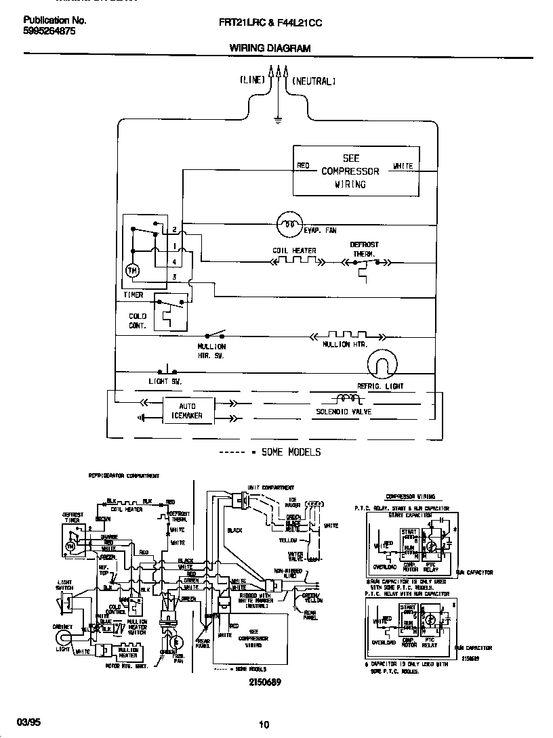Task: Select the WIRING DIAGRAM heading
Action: click(270, 48)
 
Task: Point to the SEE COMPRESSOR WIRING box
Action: click(350, 171)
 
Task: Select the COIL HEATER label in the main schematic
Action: click(294, 251)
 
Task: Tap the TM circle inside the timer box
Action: click(132, 272)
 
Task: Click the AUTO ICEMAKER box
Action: click(186, 411)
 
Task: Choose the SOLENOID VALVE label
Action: click(344, 412)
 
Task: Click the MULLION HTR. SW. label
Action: click(211, 351)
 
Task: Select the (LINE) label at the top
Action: click(252, 80)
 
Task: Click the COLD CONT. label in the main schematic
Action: click(138, 321)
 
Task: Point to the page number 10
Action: click(264, 724)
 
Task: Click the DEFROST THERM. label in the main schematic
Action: click(364, 249)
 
